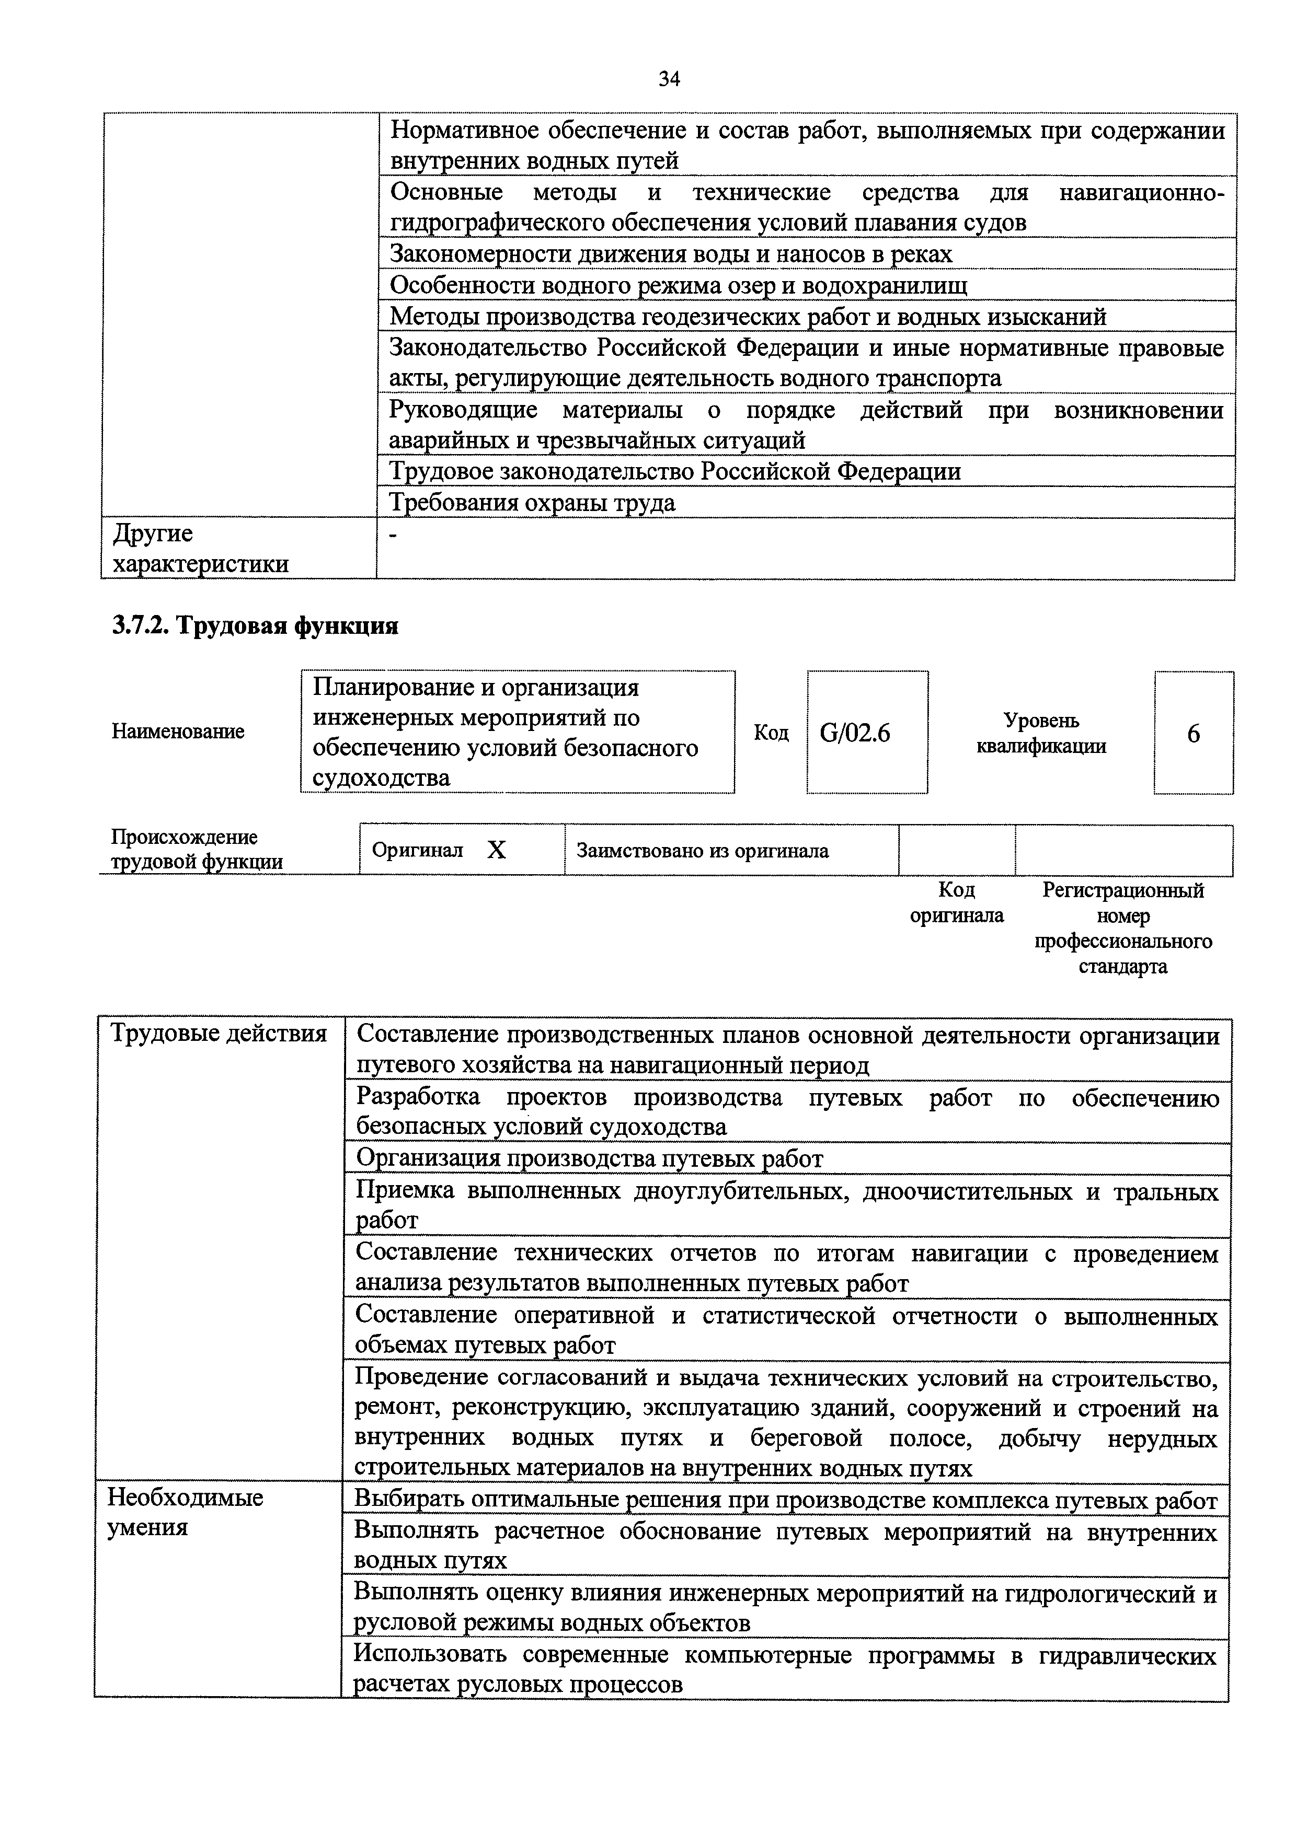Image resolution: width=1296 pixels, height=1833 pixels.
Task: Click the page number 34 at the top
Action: pos(669,79)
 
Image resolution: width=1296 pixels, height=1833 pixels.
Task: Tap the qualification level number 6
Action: pos(1193,734)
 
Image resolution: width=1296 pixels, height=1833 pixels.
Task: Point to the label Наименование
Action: pos(178,732)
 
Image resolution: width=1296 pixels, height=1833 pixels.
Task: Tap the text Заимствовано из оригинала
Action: pos(703,851)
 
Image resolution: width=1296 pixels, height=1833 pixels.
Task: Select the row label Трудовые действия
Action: pos(218,1034)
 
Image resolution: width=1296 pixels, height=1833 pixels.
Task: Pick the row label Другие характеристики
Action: pos(200,549)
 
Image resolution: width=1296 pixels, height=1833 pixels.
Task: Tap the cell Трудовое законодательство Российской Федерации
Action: pos(675,472)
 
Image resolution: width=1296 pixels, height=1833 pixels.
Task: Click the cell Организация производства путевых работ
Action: pos(589,1158)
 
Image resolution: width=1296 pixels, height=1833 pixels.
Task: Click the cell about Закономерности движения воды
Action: pos(671,254)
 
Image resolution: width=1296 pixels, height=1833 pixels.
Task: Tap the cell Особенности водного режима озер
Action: pos(678,285)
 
